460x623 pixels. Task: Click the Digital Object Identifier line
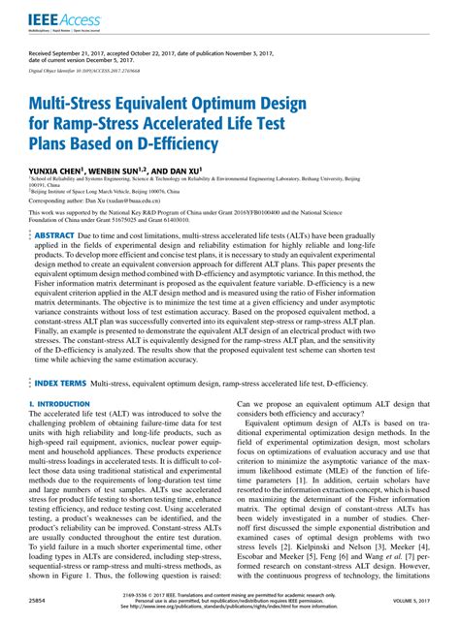tap(82, 69)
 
